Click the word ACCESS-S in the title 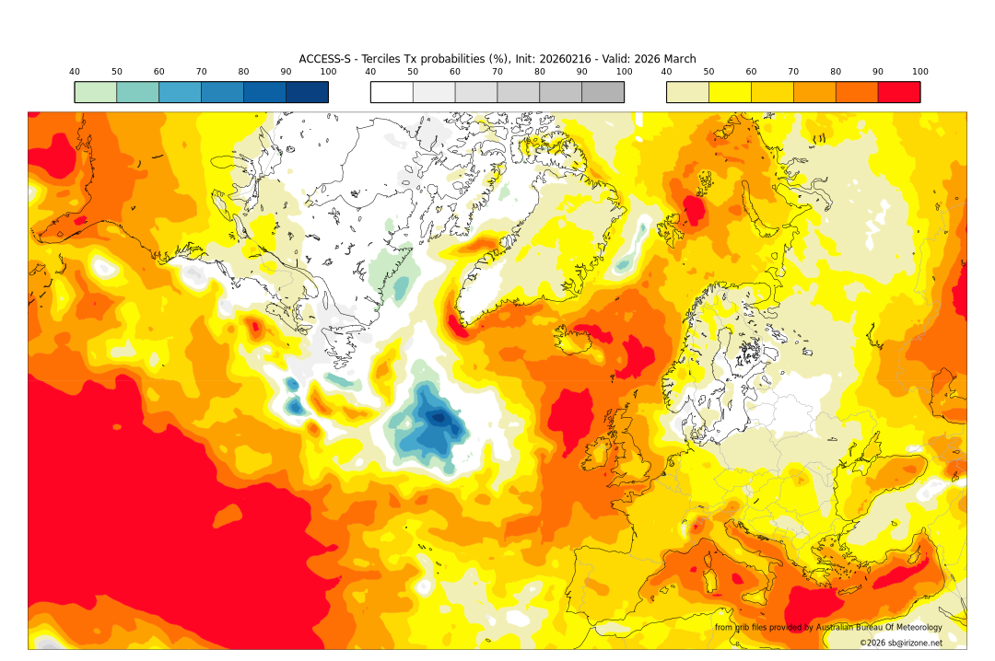click(325, 59)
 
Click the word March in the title click(678, 59)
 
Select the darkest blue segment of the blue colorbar click(307, 92)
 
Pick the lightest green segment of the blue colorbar click(96, 92)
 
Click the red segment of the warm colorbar click(898, 92)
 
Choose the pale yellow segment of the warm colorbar click(687, 92)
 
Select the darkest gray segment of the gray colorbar click(603, 92)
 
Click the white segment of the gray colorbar click(392, 92)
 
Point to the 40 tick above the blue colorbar click(75, 72)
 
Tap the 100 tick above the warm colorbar click(919, 72)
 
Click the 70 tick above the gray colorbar click(497, 72)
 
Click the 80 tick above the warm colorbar click(836, 72)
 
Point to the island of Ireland click(600, 451)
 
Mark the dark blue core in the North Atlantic click(439, 418)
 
